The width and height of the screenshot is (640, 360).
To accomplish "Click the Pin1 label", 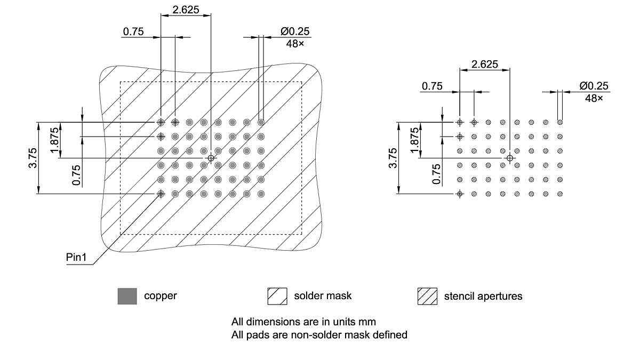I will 76,258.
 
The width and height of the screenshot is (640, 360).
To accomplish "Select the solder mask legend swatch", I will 277,296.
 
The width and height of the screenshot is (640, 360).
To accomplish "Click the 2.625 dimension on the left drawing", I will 185,9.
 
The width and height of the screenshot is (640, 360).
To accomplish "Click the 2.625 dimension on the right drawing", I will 484,64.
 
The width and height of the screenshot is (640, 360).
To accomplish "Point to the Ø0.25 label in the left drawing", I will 295,31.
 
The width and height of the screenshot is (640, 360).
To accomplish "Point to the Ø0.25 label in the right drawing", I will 594,86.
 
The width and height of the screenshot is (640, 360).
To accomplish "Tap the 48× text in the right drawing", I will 594,98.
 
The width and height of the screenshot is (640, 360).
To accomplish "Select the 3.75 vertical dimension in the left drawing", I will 33,158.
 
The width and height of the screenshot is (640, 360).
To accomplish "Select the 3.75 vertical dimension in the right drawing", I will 393,158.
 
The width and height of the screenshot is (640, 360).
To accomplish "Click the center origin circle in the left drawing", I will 211,158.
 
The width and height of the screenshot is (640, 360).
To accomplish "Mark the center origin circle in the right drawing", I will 510,158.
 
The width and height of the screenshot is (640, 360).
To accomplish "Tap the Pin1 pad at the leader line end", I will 161,194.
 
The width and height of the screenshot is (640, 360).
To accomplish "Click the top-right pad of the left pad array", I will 261,122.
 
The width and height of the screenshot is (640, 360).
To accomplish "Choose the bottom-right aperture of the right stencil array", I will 560,194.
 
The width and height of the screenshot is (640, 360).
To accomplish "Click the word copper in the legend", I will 160,295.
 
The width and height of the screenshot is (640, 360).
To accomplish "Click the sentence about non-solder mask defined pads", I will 319,335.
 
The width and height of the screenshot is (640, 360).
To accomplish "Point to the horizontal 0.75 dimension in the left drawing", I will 133,31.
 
